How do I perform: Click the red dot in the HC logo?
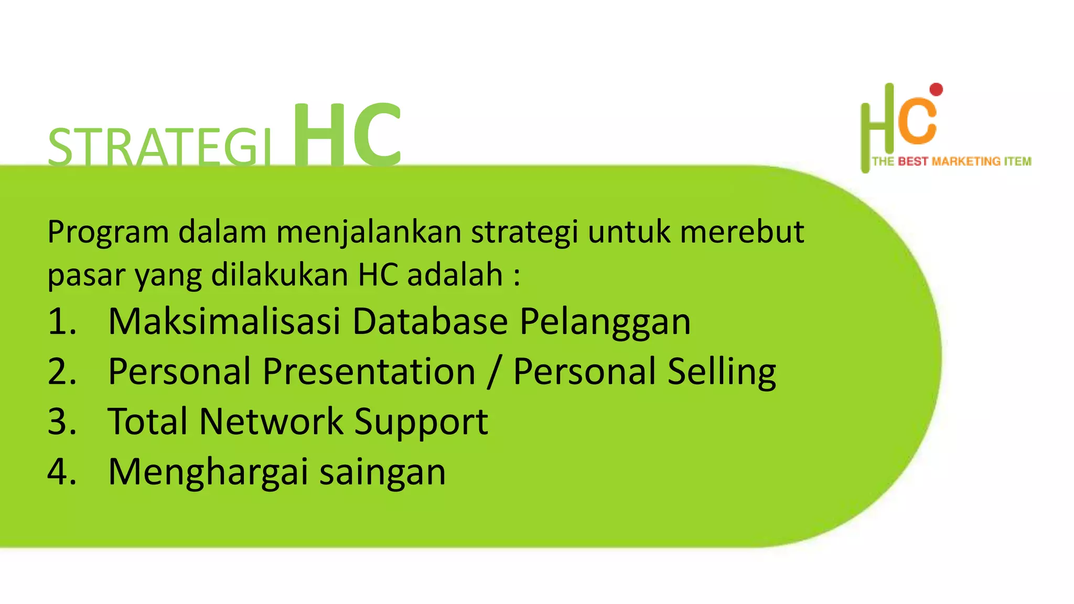[x=936, y=90]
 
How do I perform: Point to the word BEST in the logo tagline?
[x=913, y=161]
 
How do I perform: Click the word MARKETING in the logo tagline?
[x=966, y=161]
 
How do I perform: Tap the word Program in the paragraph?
[x=108, y=232]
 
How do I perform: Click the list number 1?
[x=62, y=321]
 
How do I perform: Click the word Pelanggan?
[x=605, y=321]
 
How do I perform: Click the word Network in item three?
[x=271, y=421]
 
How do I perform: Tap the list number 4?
[x=62, y=471]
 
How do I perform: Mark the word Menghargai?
[x=208, y=472]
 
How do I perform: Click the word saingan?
[x=382, y=472]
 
